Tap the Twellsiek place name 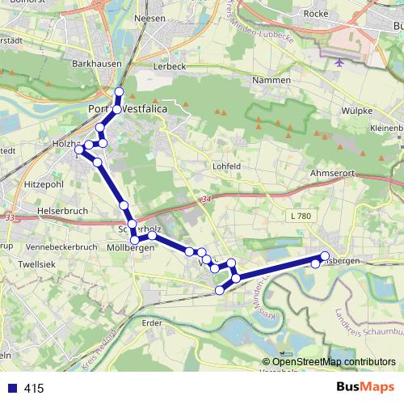(36, 264)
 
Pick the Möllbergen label (130, 248)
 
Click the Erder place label (152, 322)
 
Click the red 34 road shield (206, 198)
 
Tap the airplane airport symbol (338, 62)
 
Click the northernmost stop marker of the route (119, 91)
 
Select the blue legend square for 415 (10, 389)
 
